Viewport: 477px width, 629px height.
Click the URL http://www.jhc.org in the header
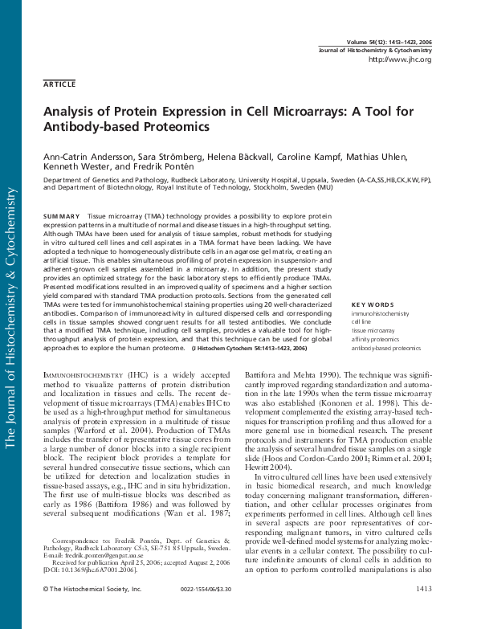tap(399, 60)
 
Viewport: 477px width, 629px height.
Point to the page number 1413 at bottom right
tap(423, 590)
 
